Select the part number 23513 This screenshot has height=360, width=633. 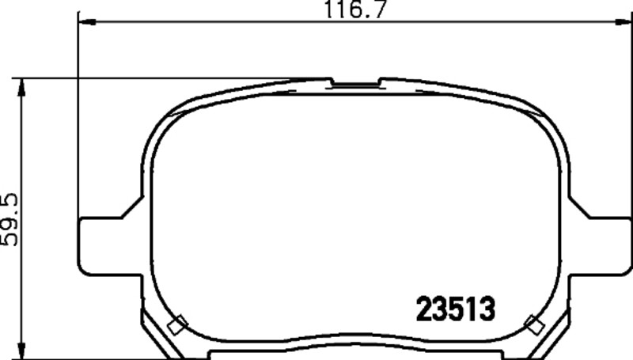pyautogui.click(x=455, y=309)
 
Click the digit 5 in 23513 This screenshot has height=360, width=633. pyautogui.click(x=447, y=309)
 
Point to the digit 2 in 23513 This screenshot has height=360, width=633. pyautogui.click(x=423, y=309)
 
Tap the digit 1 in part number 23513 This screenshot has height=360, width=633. pyautogui.click(x=470, y=309)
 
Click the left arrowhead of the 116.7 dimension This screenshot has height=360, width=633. pyautogui.click(x=87, y=22)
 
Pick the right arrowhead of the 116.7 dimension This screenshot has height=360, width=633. pyautogui.click(x=624, y=22)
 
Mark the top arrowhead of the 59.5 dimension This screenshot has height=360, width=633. pyautogui.click(x=22, y=87)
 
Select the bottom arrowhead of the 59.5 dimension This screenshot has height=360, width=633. pyautogui.click(x=22, y=350)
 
